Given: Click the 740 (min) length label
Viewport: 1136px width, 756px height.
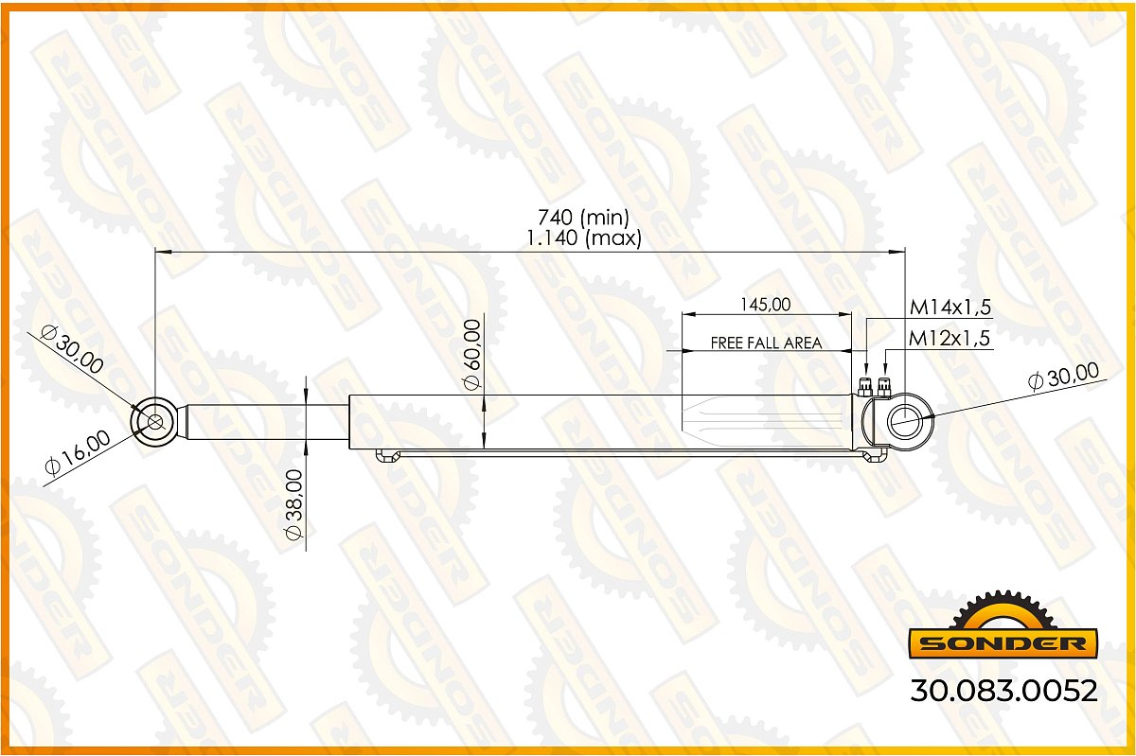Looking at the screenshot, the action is [x=583, y=218].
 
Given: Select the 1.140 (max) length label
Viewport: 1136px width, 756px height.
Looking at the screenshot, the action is [x=584, y=237].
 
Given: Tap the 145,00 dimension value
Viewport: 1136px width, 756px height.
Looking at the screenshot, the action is [x=765, y=305].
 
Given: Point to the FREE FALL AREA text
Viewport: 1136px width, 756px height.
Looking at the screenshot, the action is [x=766, y=343].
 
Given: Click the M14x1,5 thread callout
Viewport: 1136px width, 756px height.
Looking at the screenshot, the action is [x=950, y=308].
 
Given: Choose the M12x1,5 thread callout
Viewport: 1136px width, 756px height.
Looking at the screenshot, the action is [x=949, y=338].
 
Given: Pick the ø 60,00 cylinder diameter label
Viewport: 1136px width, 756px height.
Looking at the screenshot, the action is [x=472, y=355].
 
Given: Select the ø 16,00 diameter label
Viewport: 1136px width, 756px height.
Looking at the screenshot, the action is [x=78, y=453].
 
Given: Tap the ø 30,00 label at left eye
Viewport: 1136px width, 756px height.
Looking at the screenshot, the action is [x=73, y=349].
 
